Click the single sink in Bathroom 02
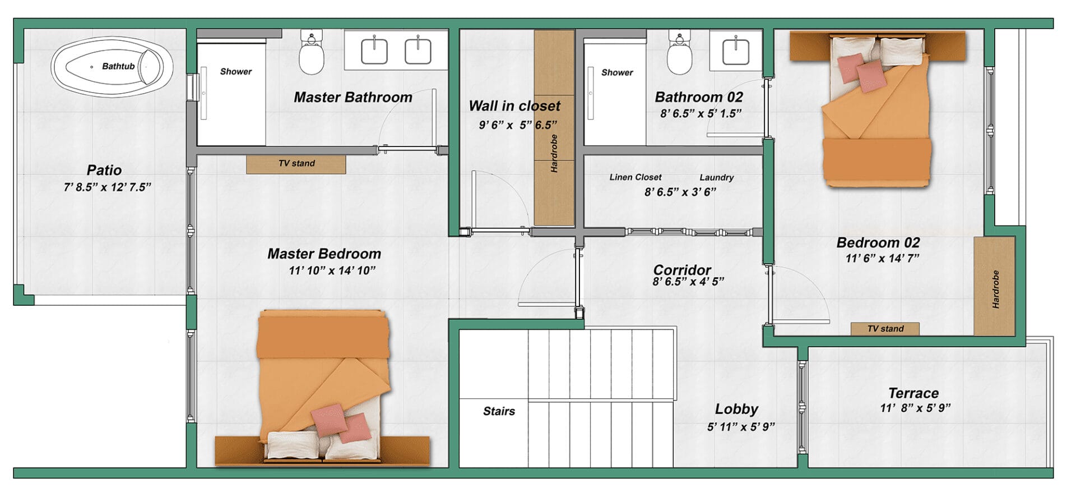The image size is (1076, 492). click(736, 51)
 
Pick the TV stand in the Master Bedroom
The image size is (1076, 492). click(296, 164)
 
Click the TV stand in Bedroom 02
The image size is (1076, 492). click(885, 329)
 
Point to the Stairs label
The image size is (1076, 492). click(499, 411)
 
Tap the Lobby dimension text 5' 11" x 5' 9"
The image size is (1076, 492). click(740, 427)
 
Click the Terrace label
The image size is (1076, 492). click(913, 393)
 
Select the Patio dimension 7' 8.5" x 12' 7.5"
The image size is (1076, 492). click(107, 187)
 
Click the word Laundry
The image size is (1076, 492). click(716, 177)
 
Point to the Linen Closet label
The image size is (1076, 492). click(635, 177)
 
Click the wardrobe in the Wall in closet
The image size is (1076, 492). click(554, 129)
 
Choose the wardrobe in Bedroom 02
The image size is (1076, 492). click(994, 286)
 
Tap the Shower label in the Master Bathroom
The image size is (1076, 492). click(235, 71)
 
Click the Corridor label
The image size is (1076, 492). click(682, 270)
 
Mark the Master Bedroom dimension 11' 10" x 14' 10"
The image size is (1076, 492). click(332, 270)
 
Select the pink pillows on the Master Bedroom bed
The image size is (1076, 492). click(341, 424)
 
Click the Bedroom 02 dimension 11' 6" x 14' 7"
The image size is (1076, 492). click(882, 259)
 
